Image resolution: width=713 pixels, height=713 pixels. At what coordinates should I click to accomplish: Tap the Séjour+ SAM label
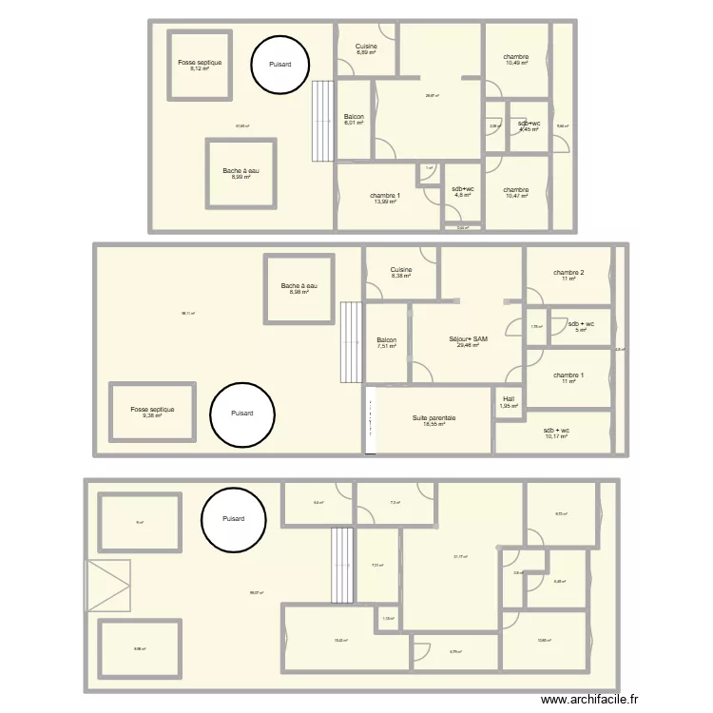(x=468, y=341)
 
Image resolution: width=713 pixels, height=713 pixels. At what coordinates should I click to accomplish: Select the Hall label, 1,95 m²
(x=509, y=402)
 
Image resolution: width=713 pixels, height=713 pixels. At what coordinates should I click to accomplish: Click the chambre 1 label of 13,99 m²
(x=385, y=199)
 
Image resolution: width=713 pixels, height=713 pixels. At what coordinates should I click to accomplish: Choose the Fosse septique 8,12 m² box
(x=200, y=65)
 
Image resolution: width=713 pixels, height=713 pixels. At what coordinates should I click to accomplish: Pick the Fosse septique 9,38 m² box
(x=152, y=412)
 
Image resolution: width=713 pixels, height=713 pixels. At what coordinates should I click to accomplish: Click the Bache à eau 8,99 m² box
(x=241, y=173)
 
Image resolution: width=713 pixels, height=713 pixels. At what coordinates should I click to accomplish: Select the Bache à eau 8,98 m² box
(x=299, y=289)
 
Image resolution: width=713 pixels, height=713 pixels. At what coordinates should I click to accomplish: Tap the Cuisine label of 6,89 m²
(x=366, y=49)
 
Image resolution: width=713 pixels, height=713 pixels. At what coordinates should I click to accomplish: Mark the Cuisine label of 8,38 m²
(x=401, y=273)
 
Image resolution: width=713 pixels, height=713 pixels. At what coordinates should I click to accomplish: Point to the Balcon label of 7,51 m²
(x=386, y=342)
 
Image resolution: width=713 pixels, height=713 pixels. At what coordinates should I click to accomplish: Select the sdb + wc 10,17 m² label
(x=556, y=434)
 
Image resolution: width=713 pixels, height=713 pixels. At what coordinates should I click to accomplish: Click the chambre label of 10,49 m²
(x=517, y=60)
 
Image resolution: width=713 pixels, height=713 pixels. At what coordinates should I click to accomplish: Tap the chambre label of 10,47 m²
(x=517, y=192)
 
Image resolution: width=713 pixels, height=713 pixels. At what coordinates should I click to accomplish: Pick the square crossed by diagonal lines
(x=107, y=586)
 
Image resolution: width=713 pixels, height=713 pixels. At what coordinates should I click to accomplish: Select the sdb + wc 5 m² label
(x=582, y=327)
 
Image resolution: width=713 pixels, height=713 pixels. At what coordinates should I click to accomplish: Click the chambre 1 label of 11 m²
(x=568, y=377)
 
